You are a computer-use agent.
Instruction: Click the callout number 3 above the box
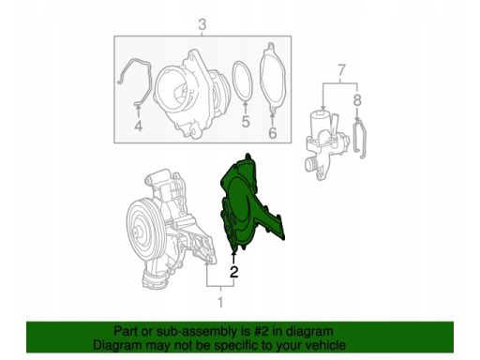pyautogui.click(x=202, y=24)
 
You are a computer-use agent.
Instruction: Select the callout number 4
pyautogui.click(x=138, y=126)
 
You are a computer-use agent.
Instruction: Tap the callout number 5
pyautogui.click(x=246, y=122)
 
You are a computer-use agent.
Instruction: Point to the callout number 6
pyautogui.click(x=273, y=133)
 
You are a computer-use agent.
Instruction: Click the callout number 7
pyautogui.click(x=341, y=70)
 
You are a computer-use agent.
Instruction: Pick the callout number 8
pyautogui.click(x=357, y=100)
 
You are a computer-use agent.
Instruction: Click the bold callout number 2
pyautogui.click(x=233, y=272)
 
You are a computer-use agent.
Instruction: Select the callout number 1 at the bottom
pyautogui.click(x=220, y=302)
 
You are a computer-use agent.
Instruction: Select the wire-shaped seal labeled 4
pyautogui.click(x=151, y=82)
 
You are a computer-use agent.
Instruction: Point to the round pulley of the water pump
pyautogui.click(x=143, y=232)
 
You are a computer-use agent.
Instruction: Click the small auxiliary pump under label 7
pyautogui.click(x=325, y=143)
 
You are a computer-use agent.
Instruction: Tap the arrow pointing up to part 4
pyautogui.click(x=138, y=112)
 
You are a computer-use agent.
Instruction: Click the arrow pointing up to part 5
pyautogui.click(x=246, y=107)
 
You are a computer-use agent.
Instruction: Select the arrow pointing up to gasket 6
pyautogui.click(x=273, y=119)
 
